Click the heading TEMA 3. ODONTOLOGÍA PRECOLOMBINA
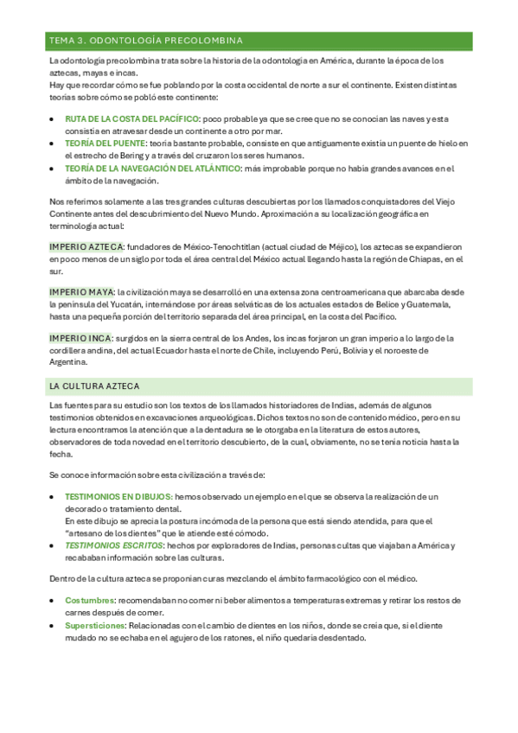click(145, 41)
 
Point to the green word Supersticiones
click(94, 625)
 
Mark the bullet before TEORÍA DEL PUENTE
click(54, 143)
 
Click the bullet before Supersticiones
click(54, 625)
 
